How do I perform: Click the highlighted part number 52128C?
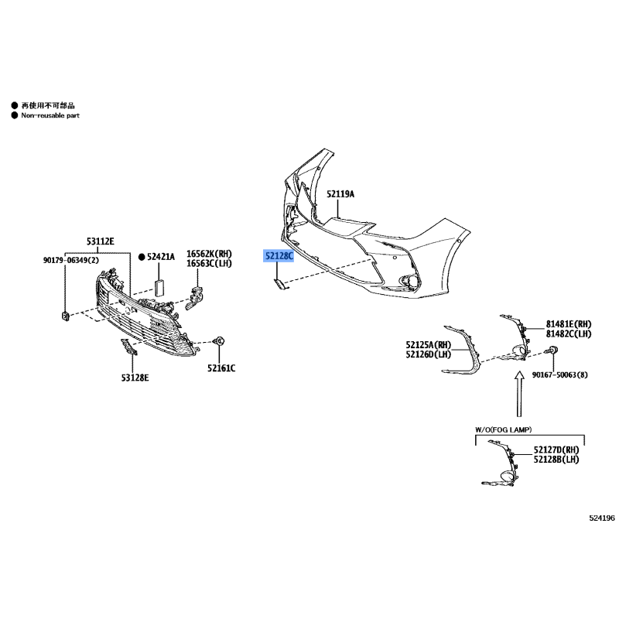[279, 256]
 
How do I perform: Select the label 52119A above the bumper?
[340, 194]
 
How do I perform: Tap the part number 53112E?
[101, 241]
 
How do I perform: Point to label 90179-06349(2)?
[71, 260]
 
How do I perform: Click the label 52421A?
[161, 257]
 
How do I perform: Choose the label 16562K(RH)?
[209, 254]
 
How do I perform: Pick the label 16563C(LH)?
[209, 263]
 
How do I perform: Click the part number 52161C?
[221, 368]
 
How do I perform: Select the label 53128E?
[135, 378]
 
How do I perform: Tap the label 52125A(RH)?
[429, 345]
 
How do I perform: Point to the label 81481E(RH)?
[569, 324]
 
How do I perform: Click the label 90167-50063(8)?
[559, 374]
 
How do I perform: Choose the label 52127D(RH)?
[556, 450]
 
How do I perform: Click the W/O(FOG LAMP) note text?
[504, 429]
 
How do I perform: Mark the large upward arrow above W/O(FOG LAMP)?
[519, 394]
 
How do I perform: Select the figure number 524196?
[602, 518]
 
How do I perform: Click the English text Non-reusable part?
[50, 115]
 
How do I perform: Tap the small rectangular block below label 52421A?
[159, 287]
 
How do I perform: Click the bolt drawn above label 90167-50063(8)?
[552, 350]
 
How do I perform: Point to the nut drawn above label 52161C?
[219, 340]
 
